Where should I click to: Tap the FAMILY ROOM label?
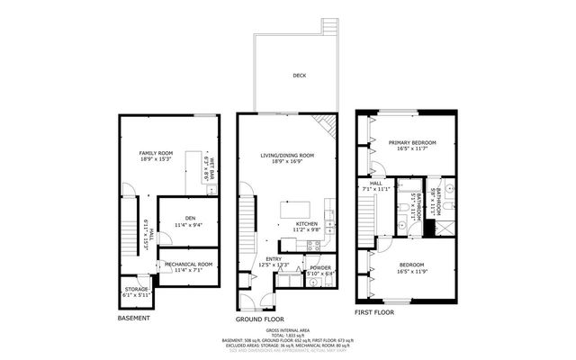point(155,154)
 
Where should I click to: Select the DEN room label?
point(190,218)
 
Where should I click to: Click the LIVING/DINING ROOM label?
point(286,156)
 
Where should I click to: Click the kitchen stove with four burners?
point(314,244)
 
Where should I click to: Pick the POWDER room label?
point(320,267)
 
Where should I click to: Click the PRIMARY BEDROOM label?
point(412,143)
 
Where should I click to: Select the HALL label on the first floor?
point(366,184)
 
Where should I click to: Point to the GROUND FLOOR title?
point(260,319)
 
